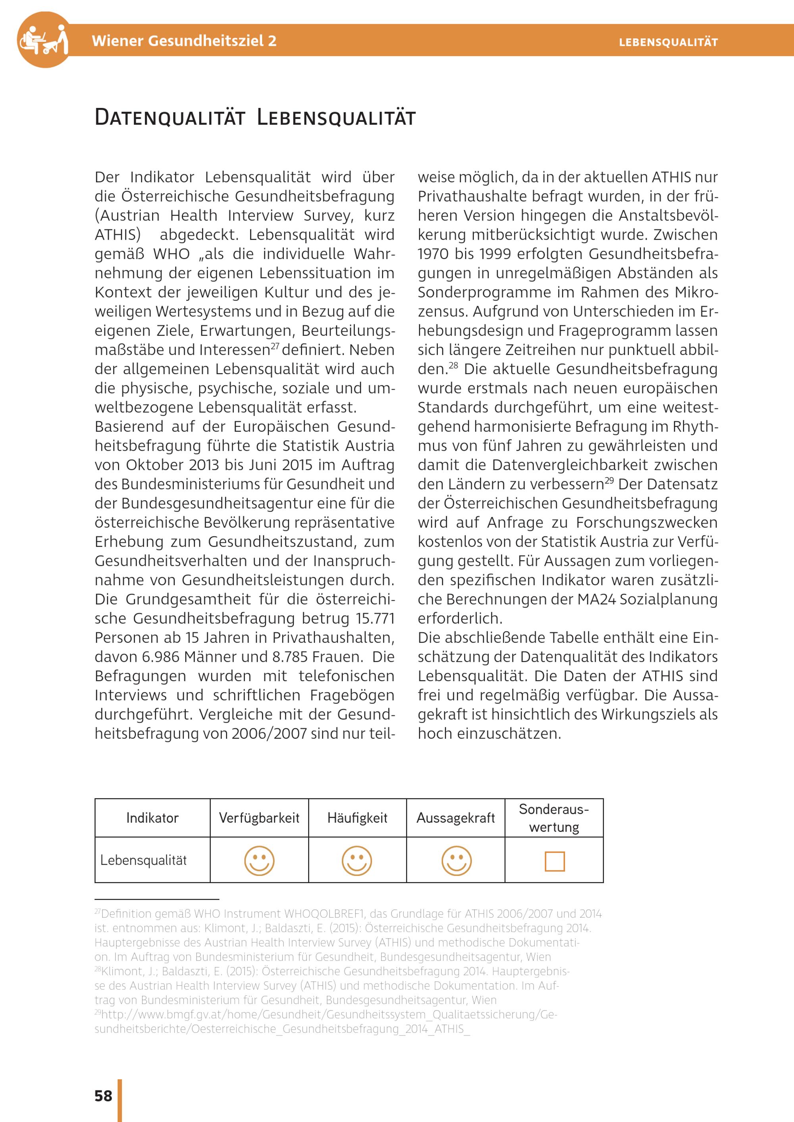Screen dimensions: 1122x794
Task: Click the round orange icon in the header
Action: click(44, 40)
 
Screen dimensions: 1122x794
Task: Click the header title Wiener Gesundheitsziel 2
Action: click(184, 40)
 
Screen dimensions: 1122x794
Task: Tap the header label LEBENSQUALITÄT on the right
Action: click(668, 42)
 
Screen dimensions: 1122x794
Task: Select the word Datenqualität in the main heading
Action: click(170, 118)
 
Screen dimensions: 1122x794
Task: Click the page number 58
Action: click(103, 1095)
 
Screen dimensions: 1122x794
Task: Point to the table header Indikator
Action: click(152, 818)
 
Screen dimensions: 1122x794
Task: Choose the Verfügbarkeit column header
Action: click(259, 818)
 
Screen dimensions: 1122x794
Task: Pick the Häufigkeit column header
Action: click(357, 818)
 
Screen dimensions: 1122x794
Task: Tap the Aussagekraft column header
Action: click(455, 818)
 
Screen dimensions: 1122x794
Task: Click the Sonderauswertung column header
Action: click(554, 818)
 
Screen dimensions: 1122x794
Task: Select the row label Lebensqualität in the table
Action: click(143, 861)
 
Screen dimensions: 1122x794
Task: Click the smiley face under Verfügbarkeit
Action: click(259, 861)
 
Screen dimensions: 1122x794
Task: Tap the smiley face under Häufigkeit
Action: click(357, 861)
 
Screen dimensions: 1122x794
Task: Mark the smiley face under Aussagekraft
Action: click(456, 861)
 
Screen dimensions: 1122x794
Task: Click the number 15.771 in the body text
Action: click(375, 619)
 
